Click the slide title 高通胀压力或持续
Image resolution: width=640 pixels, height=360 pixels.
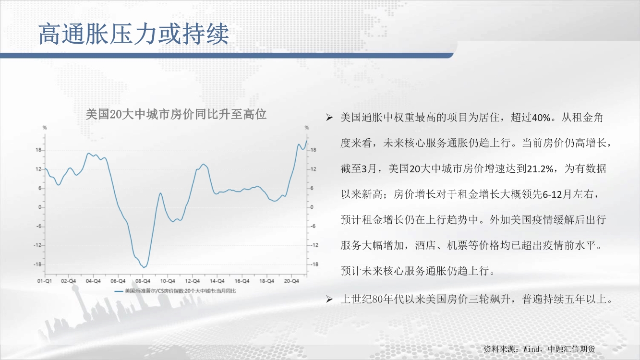pyautogui.click(x=134, y=34)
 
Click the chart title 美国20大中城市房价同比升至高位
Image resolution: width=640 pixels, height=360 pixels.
pyautogui.click(x=176, y=115)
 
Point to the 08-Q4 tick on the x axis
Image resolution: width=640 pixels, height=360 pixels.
pyautogui.click(x=143, y=281)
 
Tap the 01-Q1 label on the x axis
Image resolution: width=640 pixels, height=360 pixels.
pyautogui.click(x=45, y=281)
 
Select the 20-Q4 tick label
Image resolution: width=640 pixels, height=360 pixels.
pyautogui.click(x=291, y=281)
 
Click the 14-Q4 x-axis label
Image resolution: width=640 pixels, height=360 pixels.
pyautogui.click(x=217, y=281)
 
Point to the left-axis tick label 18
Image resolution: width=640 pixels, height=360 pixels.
pyautogui.click(x=38, y=150)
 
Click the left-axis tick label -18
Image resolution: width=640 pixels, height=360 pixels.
pyautogui.click(x=37, y=264)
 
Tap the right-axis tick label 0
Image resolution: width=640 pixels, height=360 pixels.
pyautogui.click(x=312, y=207)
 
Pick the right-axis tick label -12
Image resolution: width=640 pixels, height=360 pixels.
pyautogui.click(x=314, y=245)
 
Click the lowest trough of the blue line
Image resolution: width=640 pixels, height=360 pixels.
pyautogui.click(x=144, y=267)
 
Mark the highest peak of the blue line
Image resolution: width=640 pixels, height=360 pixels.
pyautogui.click(x=307, y=141)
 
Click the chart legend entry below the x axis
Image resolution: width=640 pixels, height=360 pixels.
pyautogui.click(x=175, y=291)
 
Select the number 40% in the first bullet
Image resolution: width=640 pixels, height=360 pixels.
pyautogui.click(x=541, y=118)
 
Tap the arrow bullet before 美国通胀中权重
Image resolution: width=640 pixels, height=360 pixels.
pyautogui.click(x=329, y=118)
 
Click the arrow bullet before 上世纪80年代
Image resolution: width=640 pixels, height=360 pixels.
pyautogui.click(x=329, y=300)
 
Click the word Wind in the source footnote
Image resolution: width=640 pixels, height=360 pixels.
pyautogui.click(x=531, y=349)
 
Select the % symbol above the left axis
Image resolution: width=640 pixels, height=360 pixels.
pyautogui.click(x=45, y=128)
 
